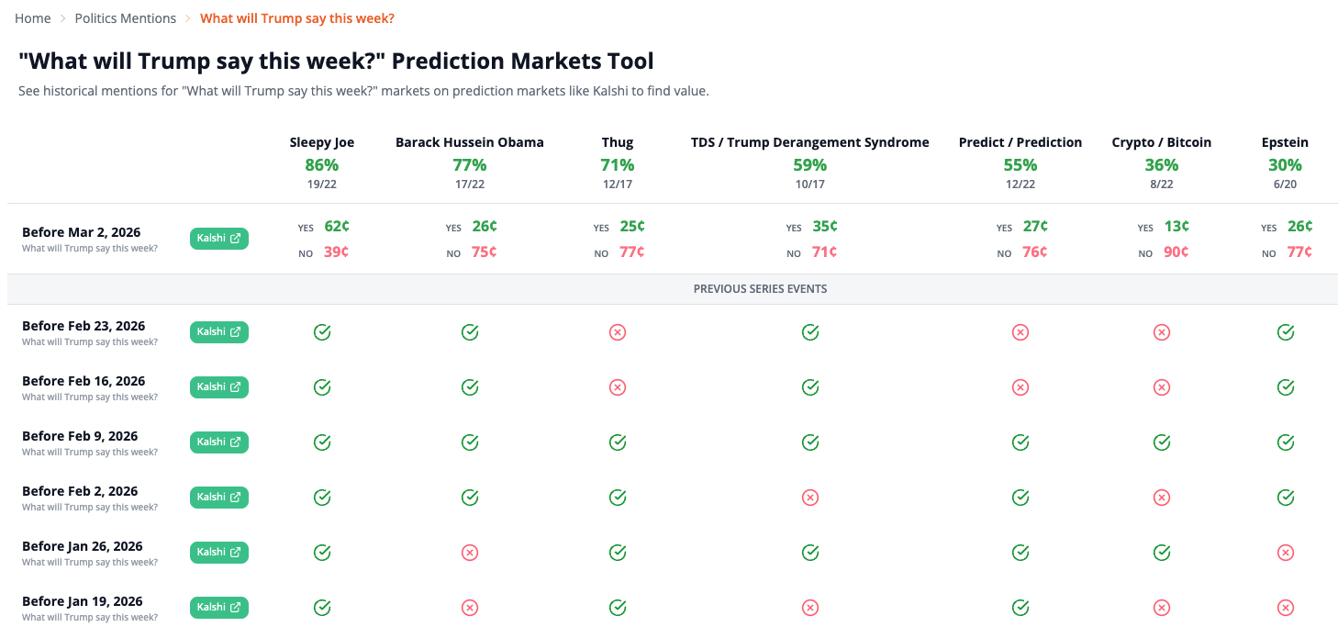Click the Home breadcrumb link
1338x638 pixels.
click(x=32, y=18)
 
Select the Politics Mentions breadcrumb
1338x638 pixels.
click(x=125, y=18)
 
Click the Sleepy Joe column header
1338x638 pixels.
click(x=321, y=142)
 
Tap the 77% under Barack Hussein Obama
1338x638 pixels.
click(x=469, y=165)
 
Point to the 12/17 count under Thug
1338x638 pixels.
click(x=617, y=185)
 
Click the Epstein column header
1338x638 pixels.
click(x=1285, y=142)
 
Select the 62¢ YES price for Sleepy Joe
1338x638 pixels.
click(x=336, y=226)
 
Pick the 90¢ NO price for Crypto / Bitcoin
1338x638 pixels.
click(x=1176, y=252)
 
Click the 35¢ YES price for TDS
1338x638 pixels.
click(x=824, y=226)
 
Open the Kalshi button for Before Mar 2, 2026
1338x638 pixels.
click(x=219, y=239)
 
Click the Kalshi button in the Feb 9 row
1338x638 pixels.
click(x=219, y=442)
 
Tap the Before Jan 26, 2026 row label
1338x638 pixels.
click(x=82, y=546)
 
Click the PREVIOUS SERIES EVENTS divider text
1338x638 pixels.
click(x=760, y=288)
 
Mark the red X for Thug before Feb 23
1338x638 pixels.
click(x=617, y=332)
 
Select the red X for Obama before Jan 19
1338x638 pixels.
click(x=469, y=608)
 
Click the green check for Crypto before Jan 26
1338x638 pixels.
click(x=1161, y=553)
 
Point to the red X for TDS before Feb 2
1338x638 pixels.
click(x=809, y=498)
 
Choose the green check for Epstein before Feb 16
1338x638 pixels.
click(x=1285, y=387)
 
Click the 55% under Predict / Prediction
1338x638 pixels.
click(x=1020, y=165)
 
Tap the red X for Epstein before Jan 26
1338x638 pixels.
click(x=1285, y=553)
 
